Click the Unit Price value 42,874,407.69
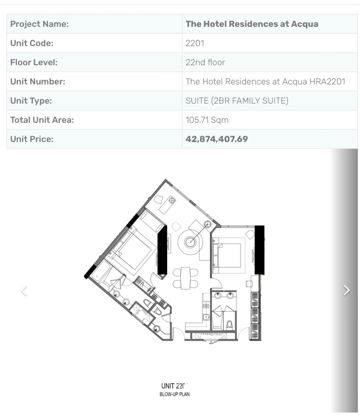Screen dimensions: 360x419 point(217,139)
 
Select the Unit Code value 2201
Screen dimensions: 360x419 point(195,43)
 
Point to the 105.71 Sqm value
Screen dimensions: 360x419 point(207,120)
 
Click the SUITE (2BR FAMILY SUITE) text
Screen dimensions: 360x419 point(237,101)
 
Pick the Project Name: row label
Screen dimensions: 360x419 point(40,24)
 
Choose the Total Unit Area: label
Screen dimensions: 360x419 point(42,120)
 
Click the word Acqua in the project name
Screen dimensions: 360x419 point(305,24)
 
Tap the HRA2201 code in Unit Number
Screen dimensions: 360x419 point(327,82)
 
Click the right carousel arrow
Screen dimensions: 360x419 point(346,290)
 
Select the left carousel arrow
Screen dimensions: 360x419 point(24,290)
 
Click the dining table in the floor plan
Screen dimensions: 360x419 point(186,278)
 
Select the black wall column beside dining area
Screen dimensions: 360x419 point(162,250)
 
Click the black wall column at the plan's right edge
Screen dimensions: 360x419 point(259,250)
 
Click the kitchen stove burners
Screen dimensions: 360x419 point(206,306)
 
